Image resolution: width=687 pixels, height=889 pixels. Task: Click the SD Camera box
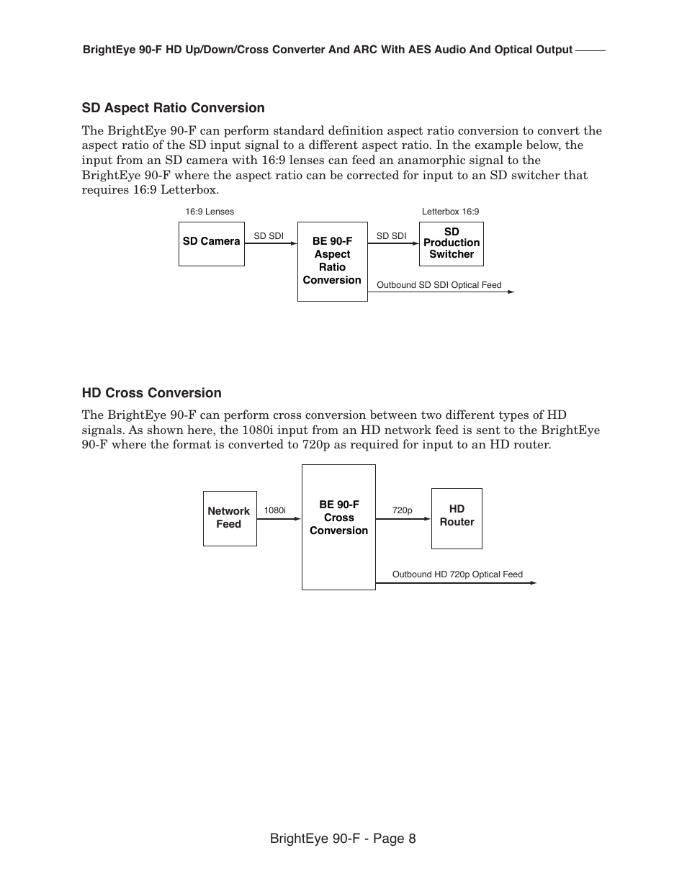pyautogui.click(x=211, y=244)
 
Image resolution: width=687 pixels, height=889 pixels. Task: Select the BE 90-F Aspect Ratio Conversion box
pyautogui.click(x=332, y=261)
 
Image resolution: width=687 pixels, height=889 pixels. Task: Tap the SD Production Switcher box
pyautogui.click(x=451, y=244)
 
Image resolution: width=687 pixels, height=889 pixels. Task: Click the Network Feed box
pyautogui.click(x=229, y=518)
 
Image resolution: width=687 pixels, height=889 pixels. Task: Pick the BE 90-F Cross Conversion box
pyautogui.click(x=338, y=527)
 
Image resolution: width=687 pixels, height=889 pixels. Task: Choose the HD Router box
pyautogui.click(x=457, y=518)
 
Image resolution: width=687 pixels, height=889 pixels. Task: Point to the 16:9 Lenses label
pyautogui.click(x=209, y=212)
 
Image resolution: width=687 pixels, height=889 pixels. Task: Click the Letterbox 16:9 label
pyautogui.click(x=450, y=212)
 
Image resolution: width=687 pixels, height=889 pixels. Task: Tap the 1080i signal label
pyautogui.click(x=274, y=510)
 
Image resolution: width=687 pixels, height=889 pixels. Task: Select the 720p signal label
pyautogui.click(x=402, y=510)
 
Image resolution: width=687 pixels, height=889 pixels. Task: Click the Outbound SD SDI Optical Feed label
pyautogui.click(x=439, y=285)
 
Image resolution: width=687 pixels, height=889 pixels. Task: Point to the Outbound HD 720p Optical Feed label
pyautogui.click(x=457, y=574)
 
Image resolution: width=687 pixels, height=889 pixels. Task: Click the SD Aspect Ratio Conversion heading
pyautogui.click(x=173, y=108)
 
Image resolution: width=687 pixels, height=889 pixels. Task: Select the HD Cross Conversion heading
pyautogui.click(x=151, y=393)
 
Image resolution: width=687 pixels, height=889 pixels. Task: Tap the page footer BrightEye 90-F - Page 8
pyautogui.click(x=343, y=839)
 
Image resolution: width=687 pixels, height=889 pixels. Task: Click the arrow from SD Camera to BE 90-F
pyautogui.click(x=271, y=243)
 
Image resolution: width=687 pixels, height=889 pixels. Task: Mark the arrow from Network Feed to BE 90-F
pyautogui.click(x=279, y=518)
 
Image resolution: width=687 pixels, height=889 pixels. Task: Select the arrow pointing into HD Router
pyautogui.click(x=403, y=518)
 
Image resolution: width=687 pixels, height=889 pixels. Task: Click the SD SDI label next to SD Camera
pyautogui.click(x=269, y=236)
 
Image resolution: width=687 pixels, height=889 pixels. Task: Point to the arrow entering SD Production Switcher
pyautogui.click(x=393, y=243)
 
